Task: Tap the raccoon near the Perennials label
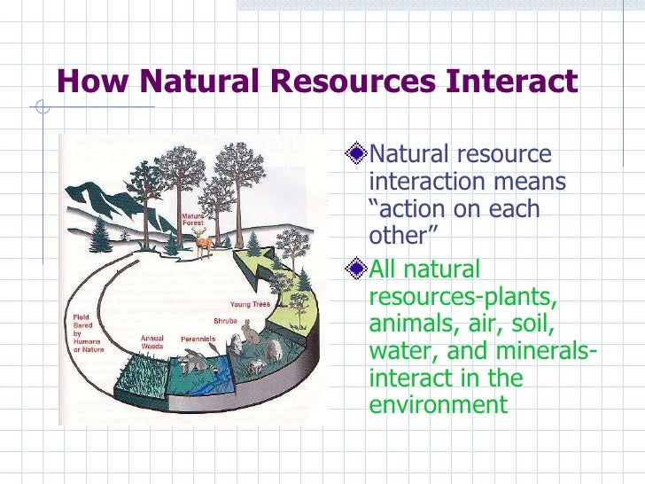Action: click(192, 360)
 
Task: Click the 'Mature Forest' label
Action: click(193, 220)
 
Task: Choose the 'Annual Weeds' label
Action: click(152, 342)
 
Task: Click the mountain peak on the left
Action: click(86, 188)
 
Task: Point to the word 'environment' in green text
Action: click(438, 405)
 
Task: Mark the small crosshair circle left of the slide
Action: click(41, 110)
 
